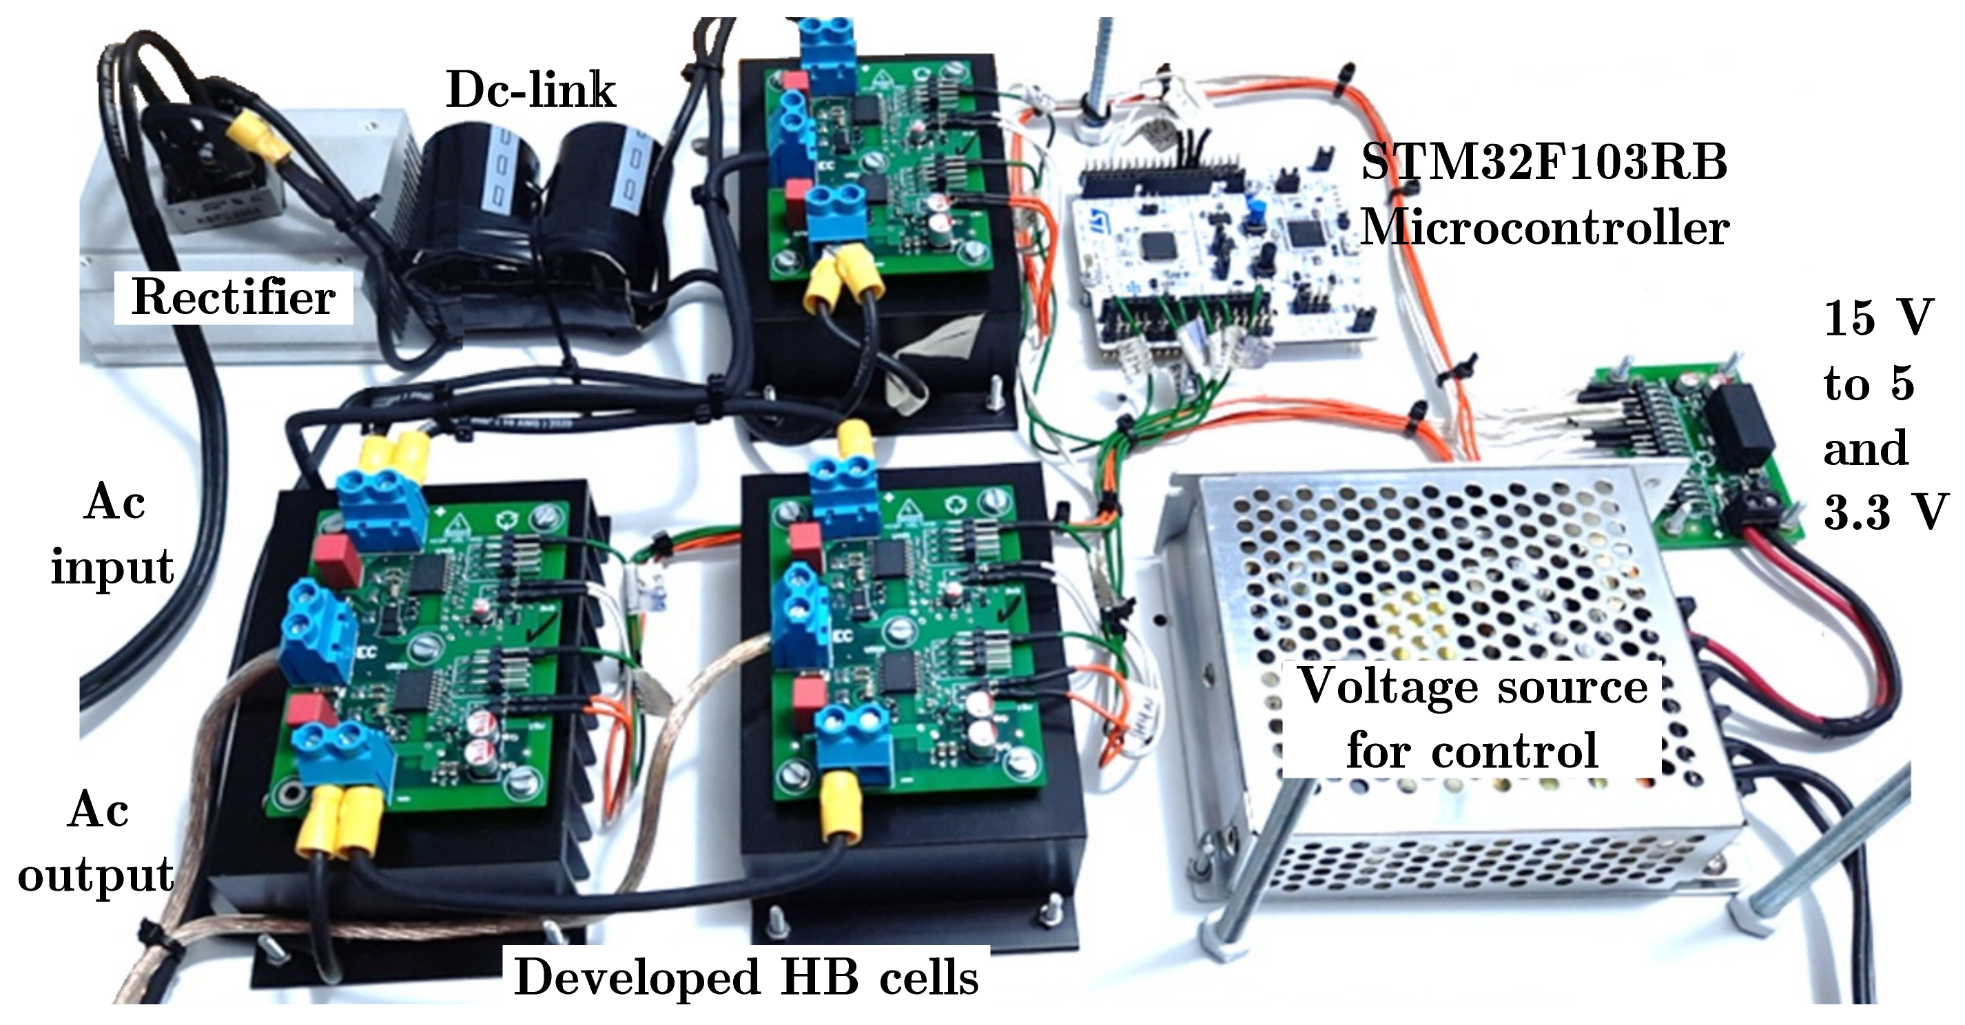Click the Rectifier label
234,298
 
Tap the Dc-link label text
531,90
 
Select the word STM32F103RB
1544,163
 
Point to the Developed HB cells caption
746,977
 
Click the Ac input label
113,535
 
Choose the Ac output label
96,842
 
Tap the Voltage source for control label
1472,718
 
